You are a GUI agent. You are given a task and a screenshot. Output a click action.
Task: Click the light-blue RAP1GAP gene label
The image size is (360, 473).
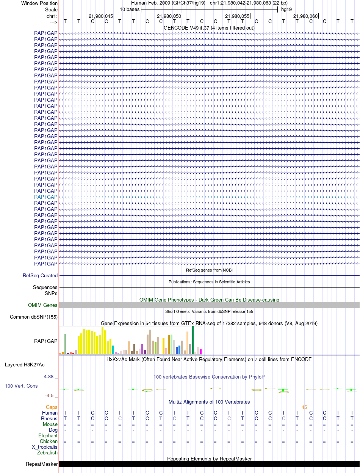click(46, 197)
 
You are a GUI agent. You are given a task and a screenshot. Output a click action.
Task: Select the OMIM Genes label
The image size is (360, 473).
click(43, 305)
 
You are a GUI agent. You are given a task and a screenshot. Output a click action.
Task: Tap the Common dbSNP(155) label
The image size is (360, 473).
click(34, 317)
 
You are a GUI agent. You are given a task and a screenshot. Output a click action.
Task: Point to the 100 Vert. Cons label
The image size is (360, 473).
click(21, 386)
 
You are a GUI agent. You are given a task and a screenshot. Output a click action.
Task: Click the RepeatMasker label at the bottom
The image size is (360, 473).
click(42, 464)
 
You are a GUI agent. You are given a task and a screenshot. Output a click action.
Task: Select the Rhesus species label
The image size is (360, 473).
click(49, 418)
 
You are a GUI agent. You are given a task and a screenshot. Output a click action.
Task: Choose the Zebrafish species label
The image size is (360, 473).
click(47, 453)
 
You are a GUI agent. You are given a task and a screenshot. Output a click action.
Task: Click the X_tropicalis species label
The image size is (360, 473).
click(45, 447)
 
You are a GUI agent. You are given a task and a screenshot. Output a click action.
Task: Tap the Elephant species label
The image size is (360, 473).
click(48, 435)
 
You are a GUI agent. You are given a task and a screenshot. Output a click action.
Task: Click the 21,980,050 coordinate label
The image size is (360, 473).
click(169, 16)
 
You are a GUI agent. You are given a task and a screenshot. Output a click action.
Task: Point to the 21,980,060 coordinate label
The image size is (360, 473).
click(305, 16)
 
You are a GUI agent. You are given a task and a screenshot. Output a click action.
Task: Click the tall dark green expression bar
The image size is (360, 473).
click(193, 340)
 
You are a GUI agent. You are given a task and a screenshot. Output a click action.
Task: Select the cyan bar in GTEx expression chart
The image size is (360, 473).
click(113, 350)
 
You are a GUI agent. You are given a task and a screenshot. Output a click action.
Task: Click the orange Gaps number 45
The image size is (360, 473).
click(304, 407)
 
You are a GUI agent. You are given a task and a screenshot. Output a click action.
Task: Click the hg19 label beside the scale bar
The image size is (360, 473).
click(286, 9)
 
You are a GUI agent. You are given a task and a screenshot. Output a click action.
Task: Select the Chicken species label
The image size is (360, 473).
click(49, 441)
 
